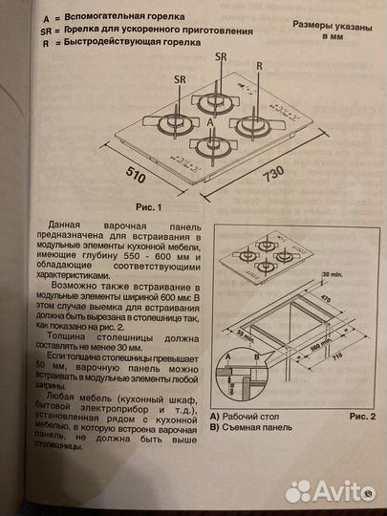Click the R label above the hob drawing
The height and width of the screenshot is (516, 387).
pyautogui.click(x=259, y=65)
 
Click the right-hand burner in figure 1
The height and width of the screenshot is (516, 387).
pyautogui.click(x=256, y=124)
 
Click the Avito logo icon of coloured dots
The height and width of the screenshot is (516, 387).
pyautogui.click(x=298, y=491)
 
